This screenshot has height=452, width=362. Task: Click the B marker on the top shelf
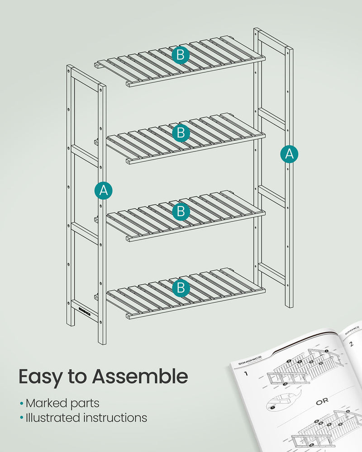click(x=181, y=56)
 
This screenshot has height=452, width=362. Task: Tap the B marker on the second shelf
click(x=181, y=133)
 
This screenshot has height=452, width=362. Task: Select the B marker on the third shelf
click(x=181, y=211)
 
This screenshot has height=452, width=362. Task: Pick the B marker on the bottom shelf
click(x=181, y=287)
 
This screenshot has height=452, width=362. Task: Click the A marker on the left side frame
click(x=104, y=191)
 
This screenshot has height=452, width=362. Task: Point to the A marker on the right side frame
click(x=289, y=154)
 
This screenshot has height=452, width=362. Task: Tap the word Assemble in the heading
click(x=140, y=377)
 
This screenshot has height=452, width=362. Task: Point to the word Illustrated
click(x=52, y=418)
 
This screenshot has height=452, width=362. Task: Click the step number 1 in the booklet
click(x=245, y=374)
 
